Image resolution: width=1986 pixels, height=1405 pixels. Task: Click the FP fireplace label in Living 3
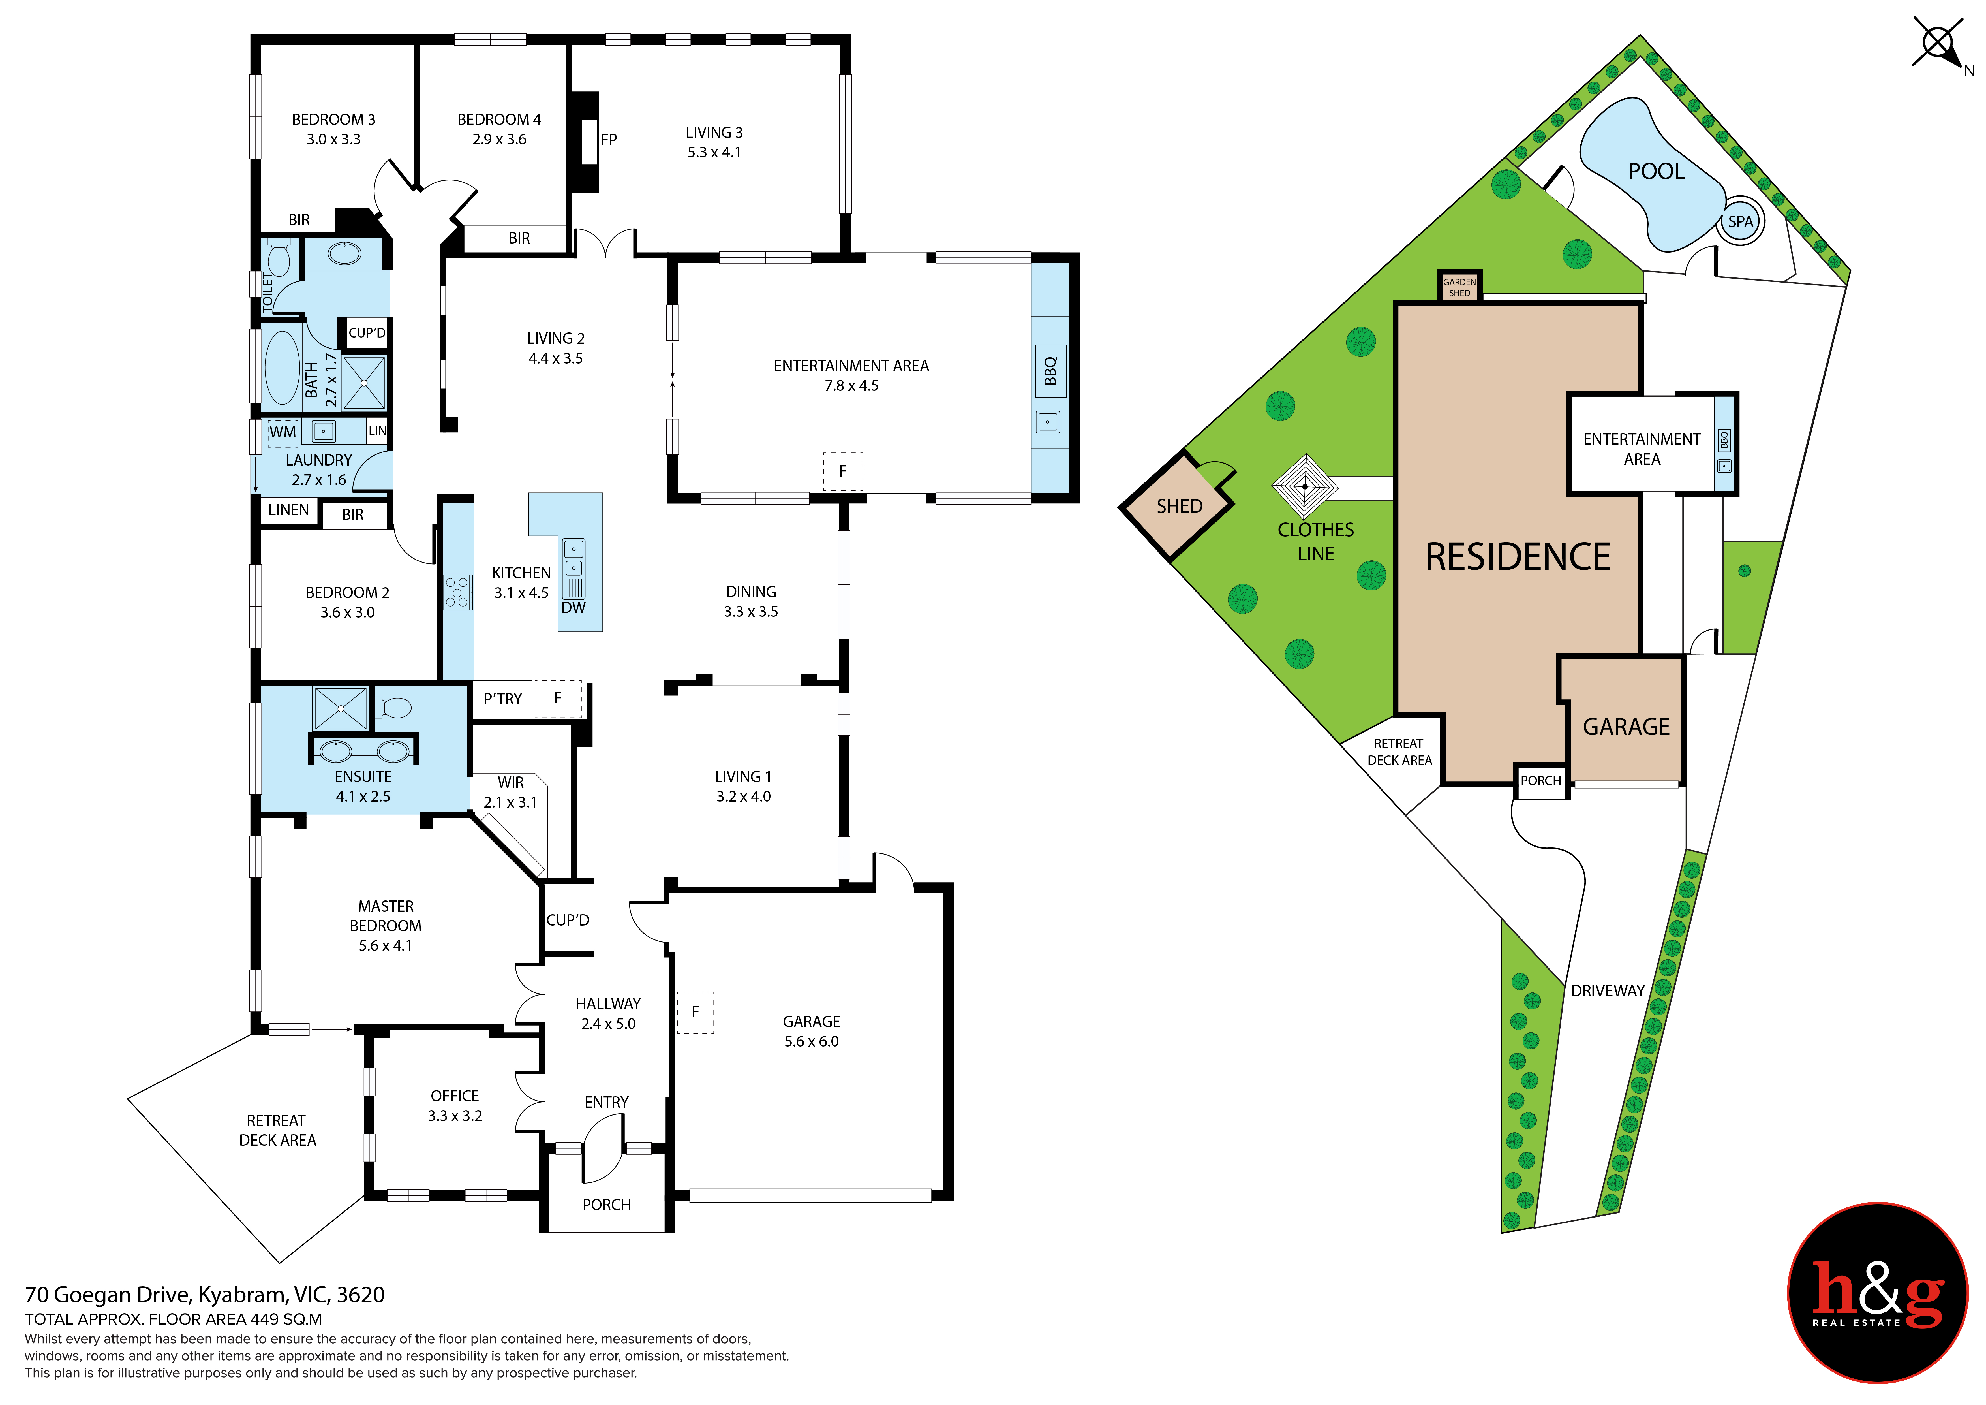click(609, 140)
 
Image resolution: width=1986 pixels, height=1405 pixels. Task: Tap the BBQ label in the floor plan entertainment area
click(1050, 371)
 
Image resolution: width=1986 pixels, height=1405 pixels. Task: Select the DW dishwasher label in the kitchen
click(573, 607)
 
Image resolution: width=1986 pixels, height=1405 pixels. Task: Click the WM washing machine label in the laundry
click(283, 432)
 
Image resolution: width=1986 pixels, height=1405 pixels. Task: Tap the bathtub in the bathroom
click(282, 368)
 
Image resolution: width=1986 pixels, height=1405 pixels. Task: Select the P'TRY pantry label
click(502, 699)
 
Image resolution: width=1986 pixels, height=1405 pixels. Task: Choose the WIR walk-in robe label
click(510, 782)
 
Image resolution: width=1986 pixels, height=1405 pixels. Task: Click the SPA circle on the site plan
click(1740, 221)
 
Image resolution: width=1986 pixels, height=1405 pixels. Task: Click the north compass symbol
click(1938, 43)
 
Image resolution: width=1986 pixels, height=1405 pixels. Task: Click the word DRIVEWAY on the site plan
click(1607, 992)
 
